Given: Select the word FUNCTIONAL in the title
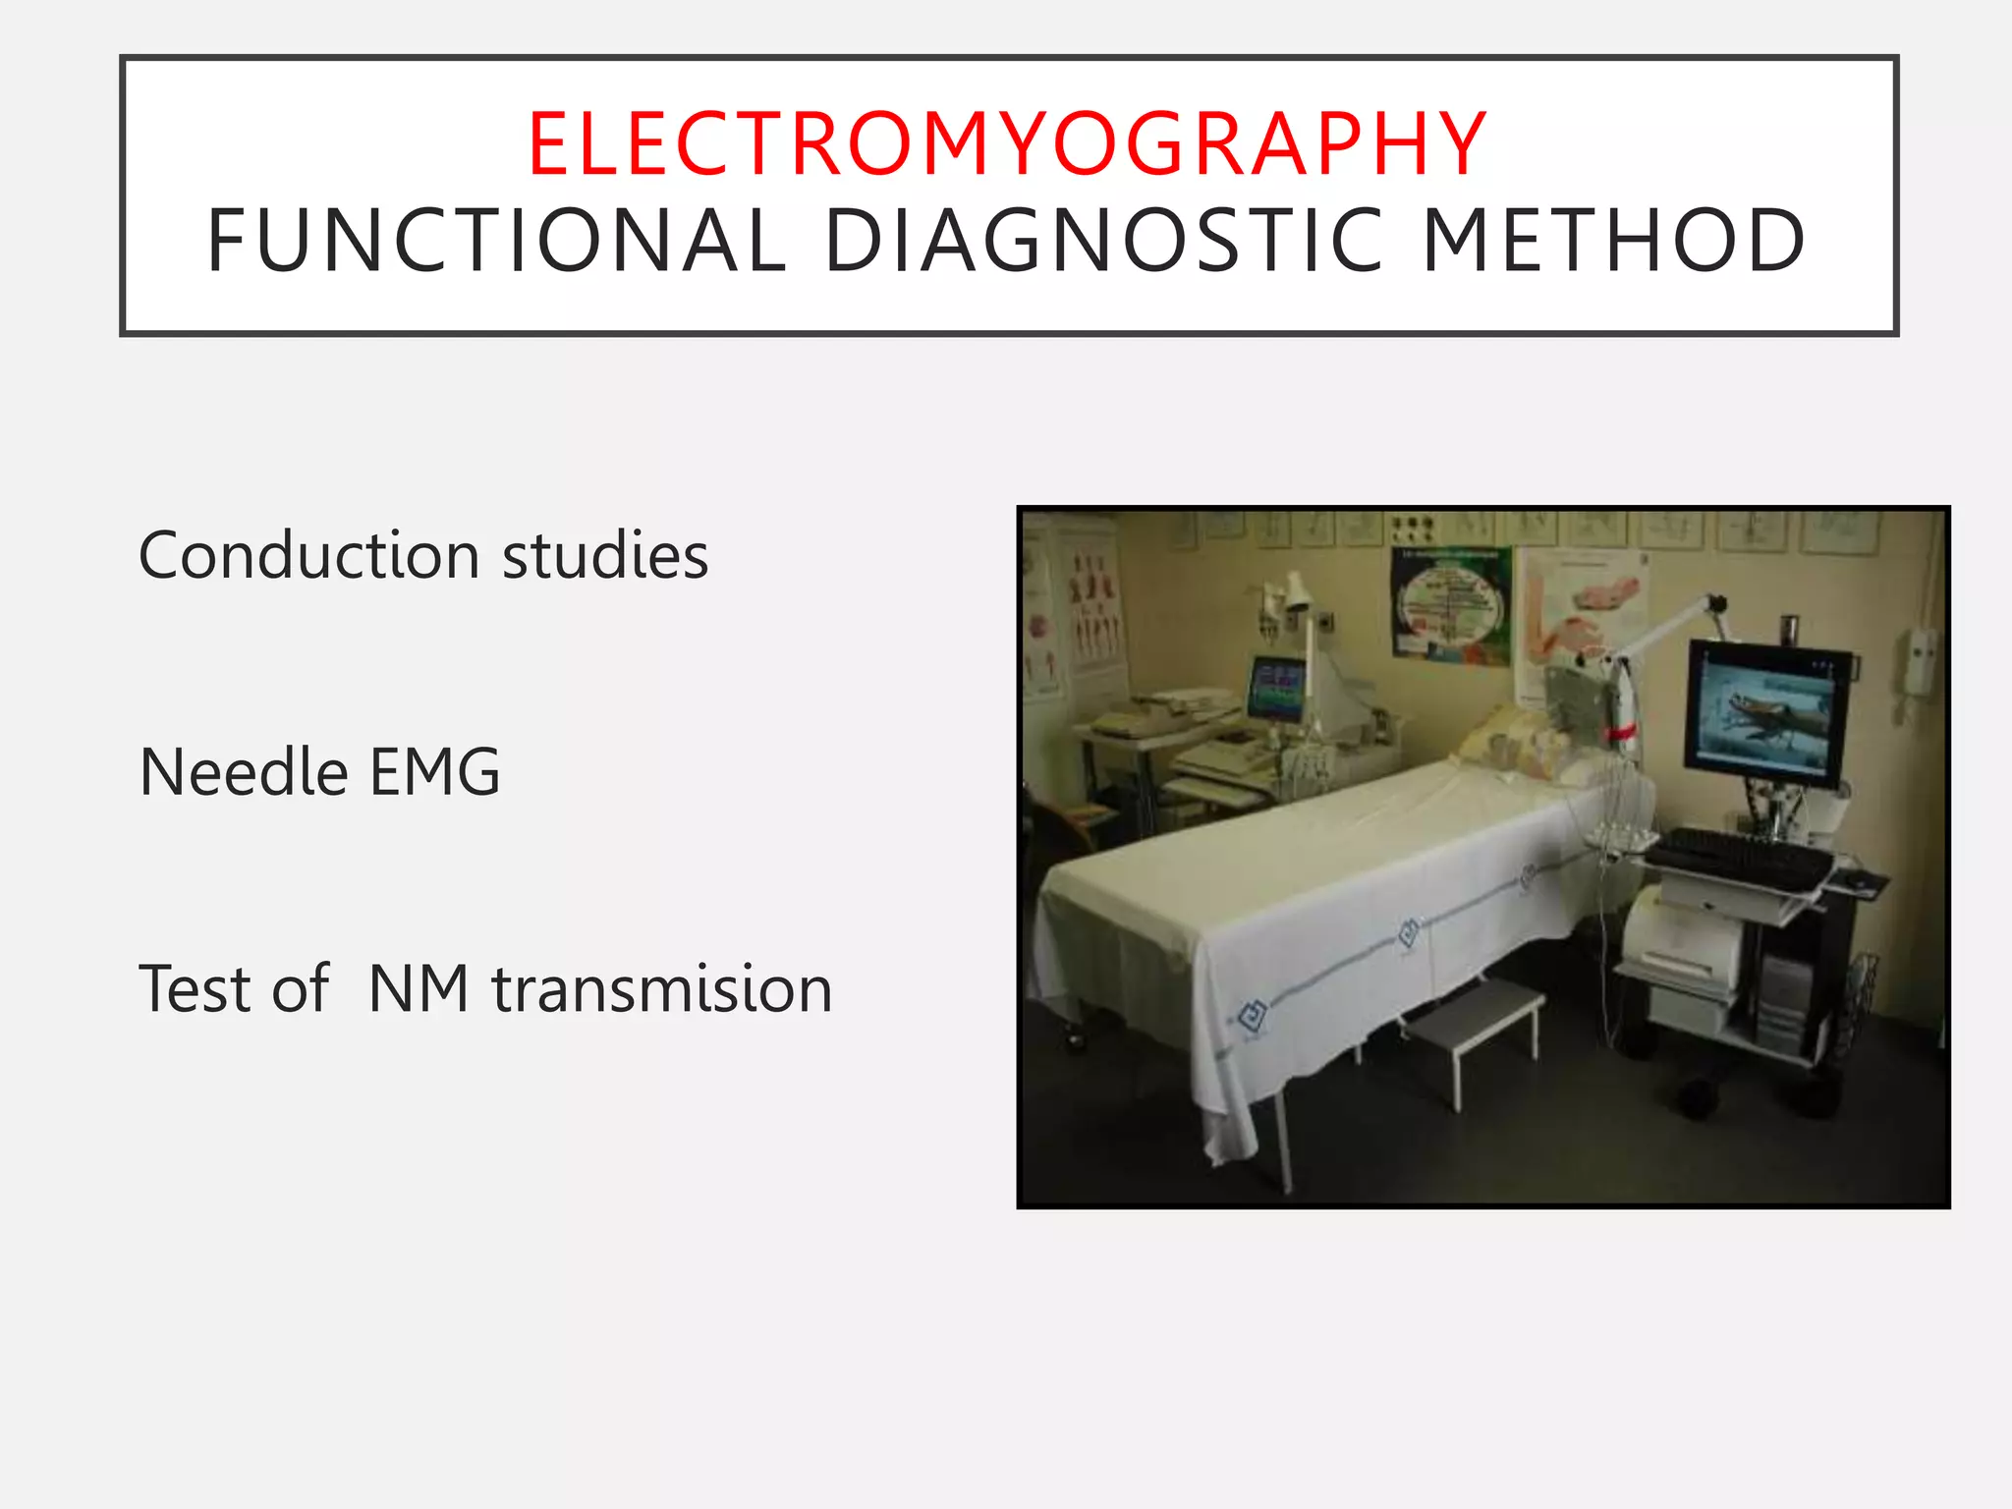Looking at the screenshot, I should click(497, 242).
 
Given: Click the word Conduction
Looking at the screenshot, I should click(308, 556).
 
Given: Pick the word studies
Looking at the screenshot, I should click(604, 556).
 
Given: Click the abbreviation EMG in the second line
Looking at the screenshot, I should click(433, 772).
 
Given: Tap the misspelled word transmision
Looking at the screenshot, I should click(661, 989).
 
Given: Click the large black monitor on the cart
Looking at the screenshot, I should click(1765, 712).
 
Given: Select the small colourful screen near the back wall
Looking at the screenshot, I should click(1276, 689).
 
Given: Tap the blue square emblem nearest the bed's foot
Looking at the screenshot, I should click(1251, 1016).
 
